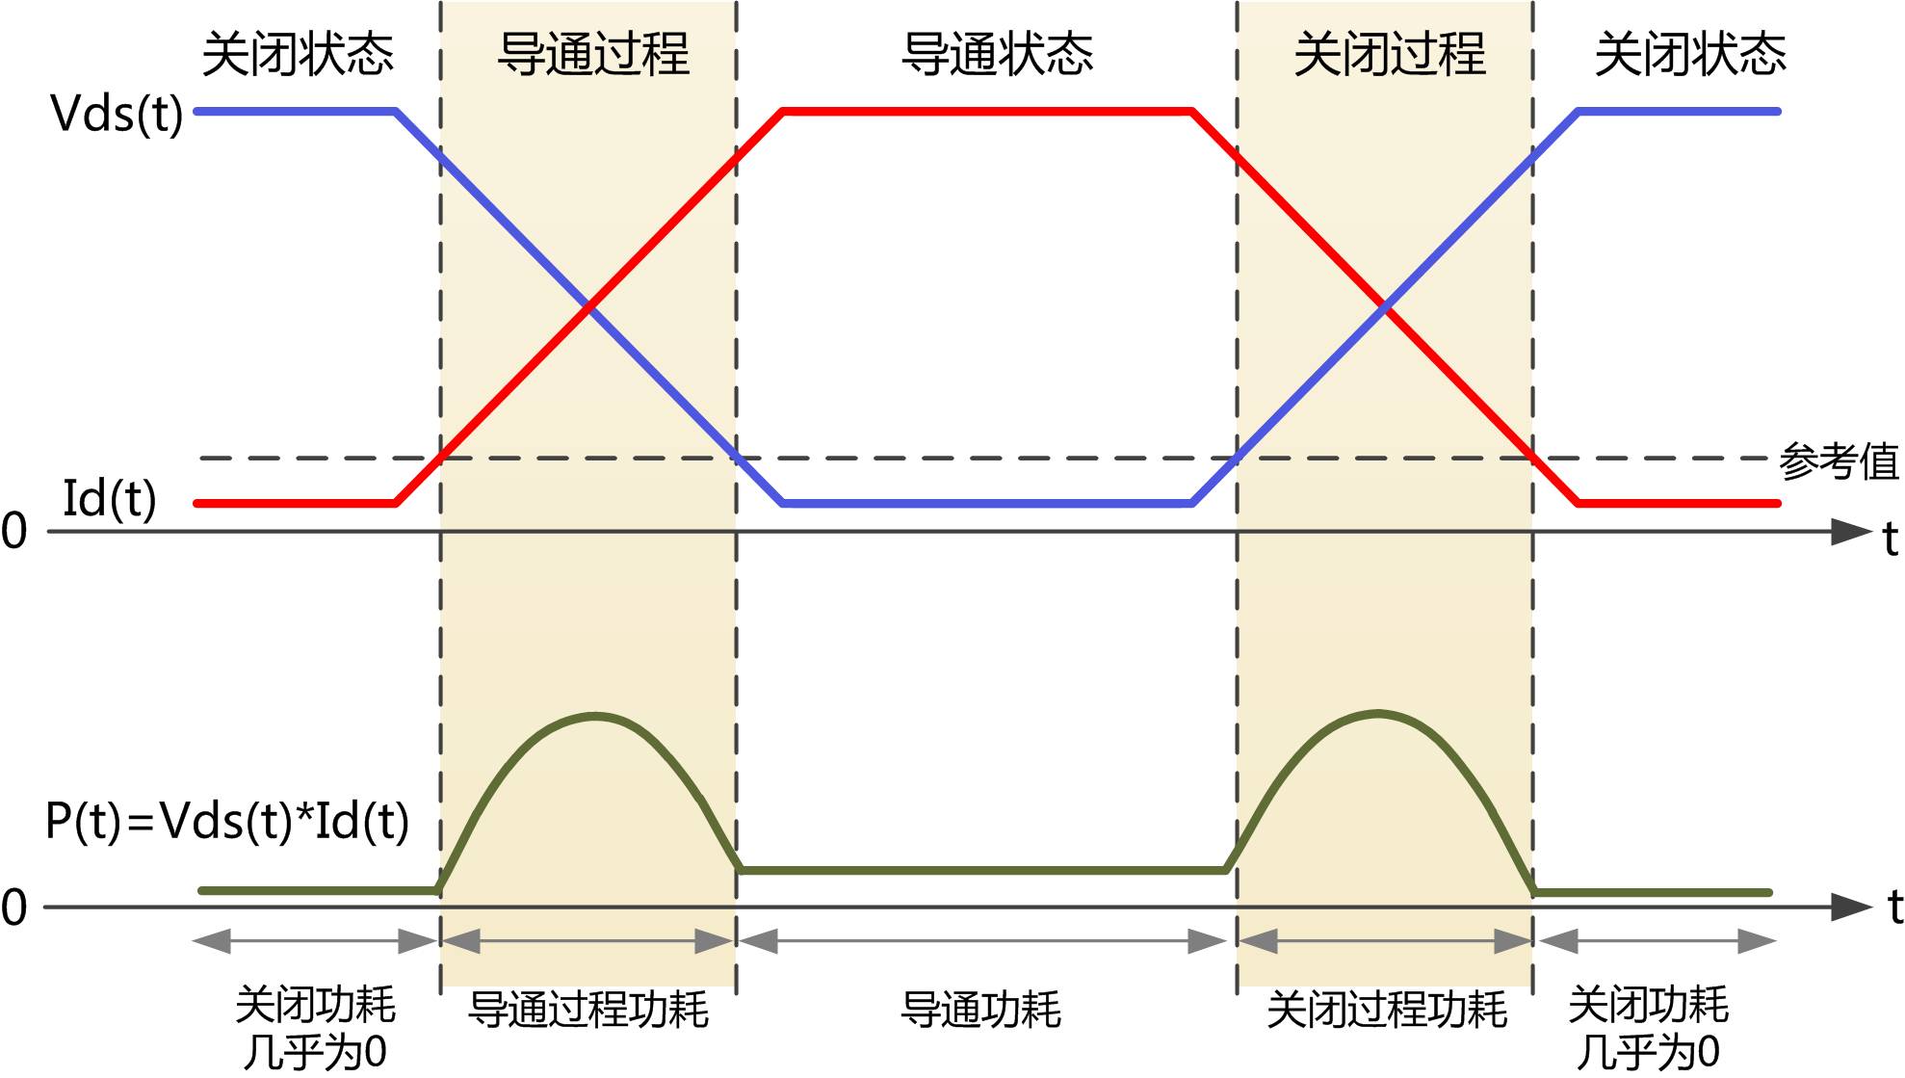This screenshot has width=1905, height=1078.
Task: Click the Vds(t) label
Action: point(117,114)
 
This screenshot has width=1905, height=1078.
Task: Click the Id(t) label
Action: point(109,499)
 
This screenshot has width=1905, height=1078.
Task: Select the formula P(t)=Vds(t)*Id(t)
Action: point(227,822)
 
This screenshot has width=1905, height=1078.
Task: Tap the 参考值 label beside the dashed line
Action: point(1839,461)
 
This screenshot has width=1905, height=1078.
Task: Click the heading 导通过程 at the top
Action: point(593,54)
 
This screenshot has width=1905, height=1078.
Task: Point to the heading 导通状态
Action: point(998,54)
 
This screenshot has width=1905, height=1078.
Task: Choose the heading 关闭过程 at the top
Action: point(1390,54)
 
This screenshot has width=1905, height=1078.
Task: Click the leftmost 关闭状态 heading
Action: point(298,54)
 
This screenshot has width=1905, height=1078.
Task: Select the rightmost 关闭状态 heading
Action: point(1690,54)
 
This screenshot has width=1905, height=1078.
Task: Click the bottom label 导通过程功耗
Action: point(588,1010)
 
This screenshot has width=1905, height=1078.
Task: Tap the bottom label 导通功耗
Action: point(980,1010)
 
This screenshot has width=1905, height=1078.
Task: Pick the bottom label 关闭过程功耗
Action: point(1387,1010)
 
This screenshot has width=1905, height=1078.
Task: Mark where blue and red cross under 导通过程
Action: point(589,307)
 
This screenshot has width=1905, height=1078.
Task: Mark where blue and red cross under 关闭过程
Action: point(1385,307)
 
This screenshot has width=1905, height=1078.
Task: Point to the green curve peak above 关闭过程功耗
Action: point(1377,714)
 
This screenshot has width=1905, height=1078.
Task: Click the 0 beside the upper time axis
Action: point(13,532)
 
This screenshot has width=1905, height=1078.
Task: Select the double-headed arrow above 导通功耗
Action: point(982,941)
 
